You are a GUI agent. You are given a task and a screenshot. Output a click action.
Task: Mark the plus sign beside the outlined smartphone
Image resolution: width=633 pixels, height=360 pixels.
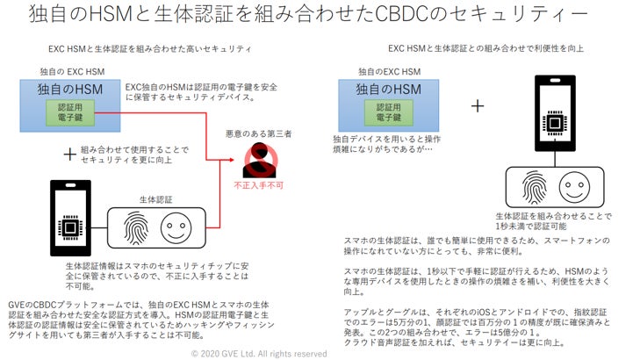coord(477,104)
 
